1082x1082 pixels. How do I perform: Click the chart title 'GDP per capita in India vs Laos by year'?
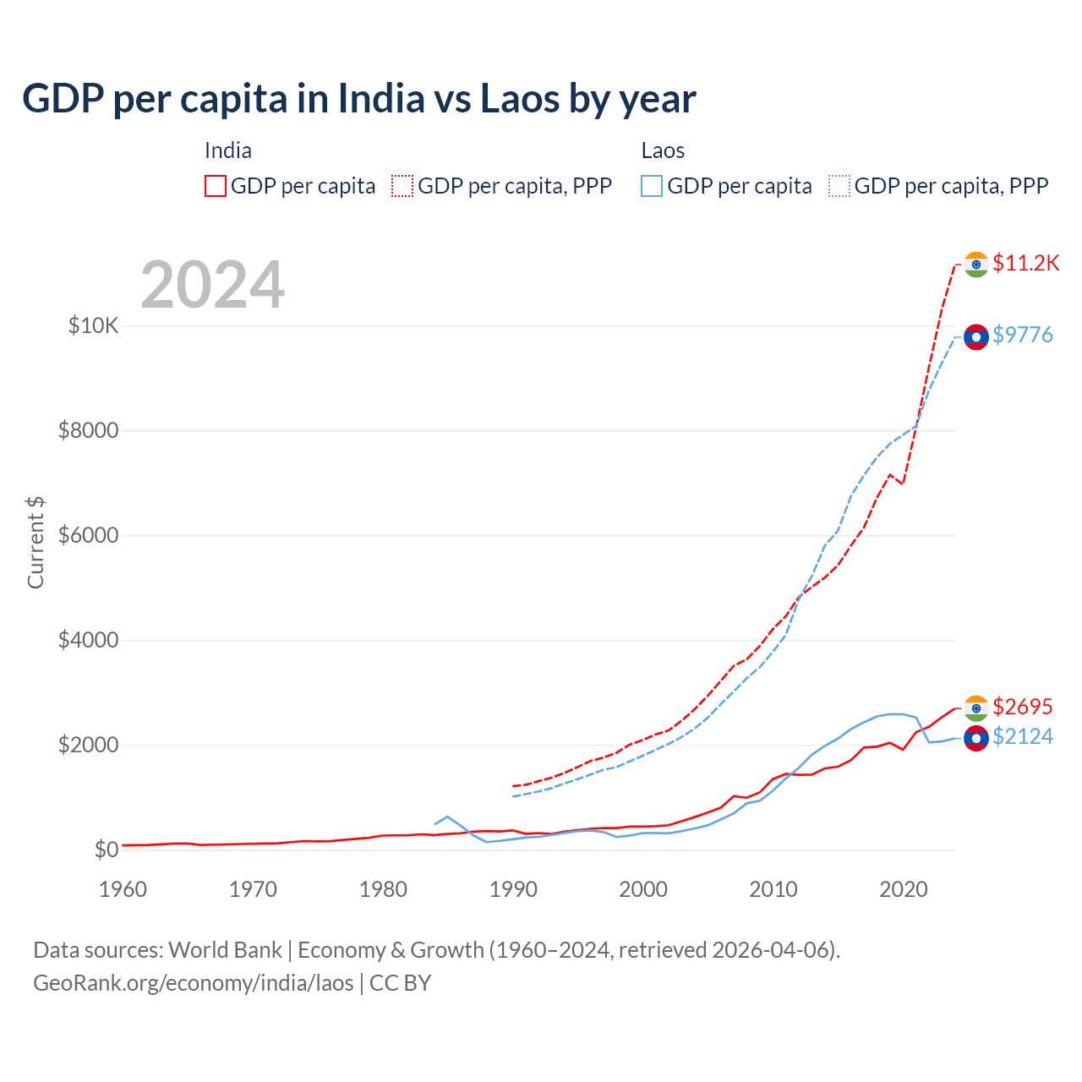click(359, 99)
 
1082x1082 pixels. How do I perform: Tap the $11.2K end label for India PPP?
click(1025, 264)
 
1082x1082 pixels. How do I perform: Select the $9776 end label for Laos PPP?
click(1023, 336)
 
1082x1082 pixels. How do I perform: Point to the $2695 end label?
click(1023, 707)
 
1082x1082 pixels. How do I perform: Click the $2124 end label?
click(1023, 737)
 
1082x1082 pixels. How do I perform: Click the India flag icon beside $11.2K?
click(976, 265)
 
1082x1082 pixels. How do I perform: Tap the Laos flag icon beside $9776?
click(976, 336)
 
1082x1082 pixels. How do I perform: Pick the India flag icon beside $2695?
click(976, 708)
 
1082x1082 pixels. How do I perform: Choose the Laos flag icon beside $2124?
click(976, 738)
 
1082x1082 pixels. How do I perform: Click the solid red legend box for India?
click(216, 186)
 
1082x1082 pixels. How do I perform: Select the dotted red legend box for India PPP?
click(402, 186)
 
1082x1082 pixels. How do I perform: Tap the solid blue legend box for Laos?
click(652, 186)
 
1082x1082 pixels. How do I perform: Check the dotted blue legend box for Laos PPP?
click(839, 186)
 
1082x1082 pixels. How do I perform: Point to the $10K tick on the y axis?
click(94, 325)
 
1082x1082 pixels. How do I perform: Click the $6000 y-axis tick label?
click(88, 536)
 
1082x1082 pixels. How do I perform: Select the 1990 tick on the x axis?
click(513, 889)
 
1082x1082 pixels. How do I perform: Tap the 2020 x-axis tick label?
click(904, 889)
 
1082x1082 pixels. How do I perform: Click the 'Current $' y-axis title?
click(36, 543)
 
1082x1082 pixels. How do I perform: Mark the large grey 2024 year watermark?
click(212, 285)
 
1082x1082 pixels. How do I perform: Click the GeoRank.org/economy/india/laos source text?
click(193, 983)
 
